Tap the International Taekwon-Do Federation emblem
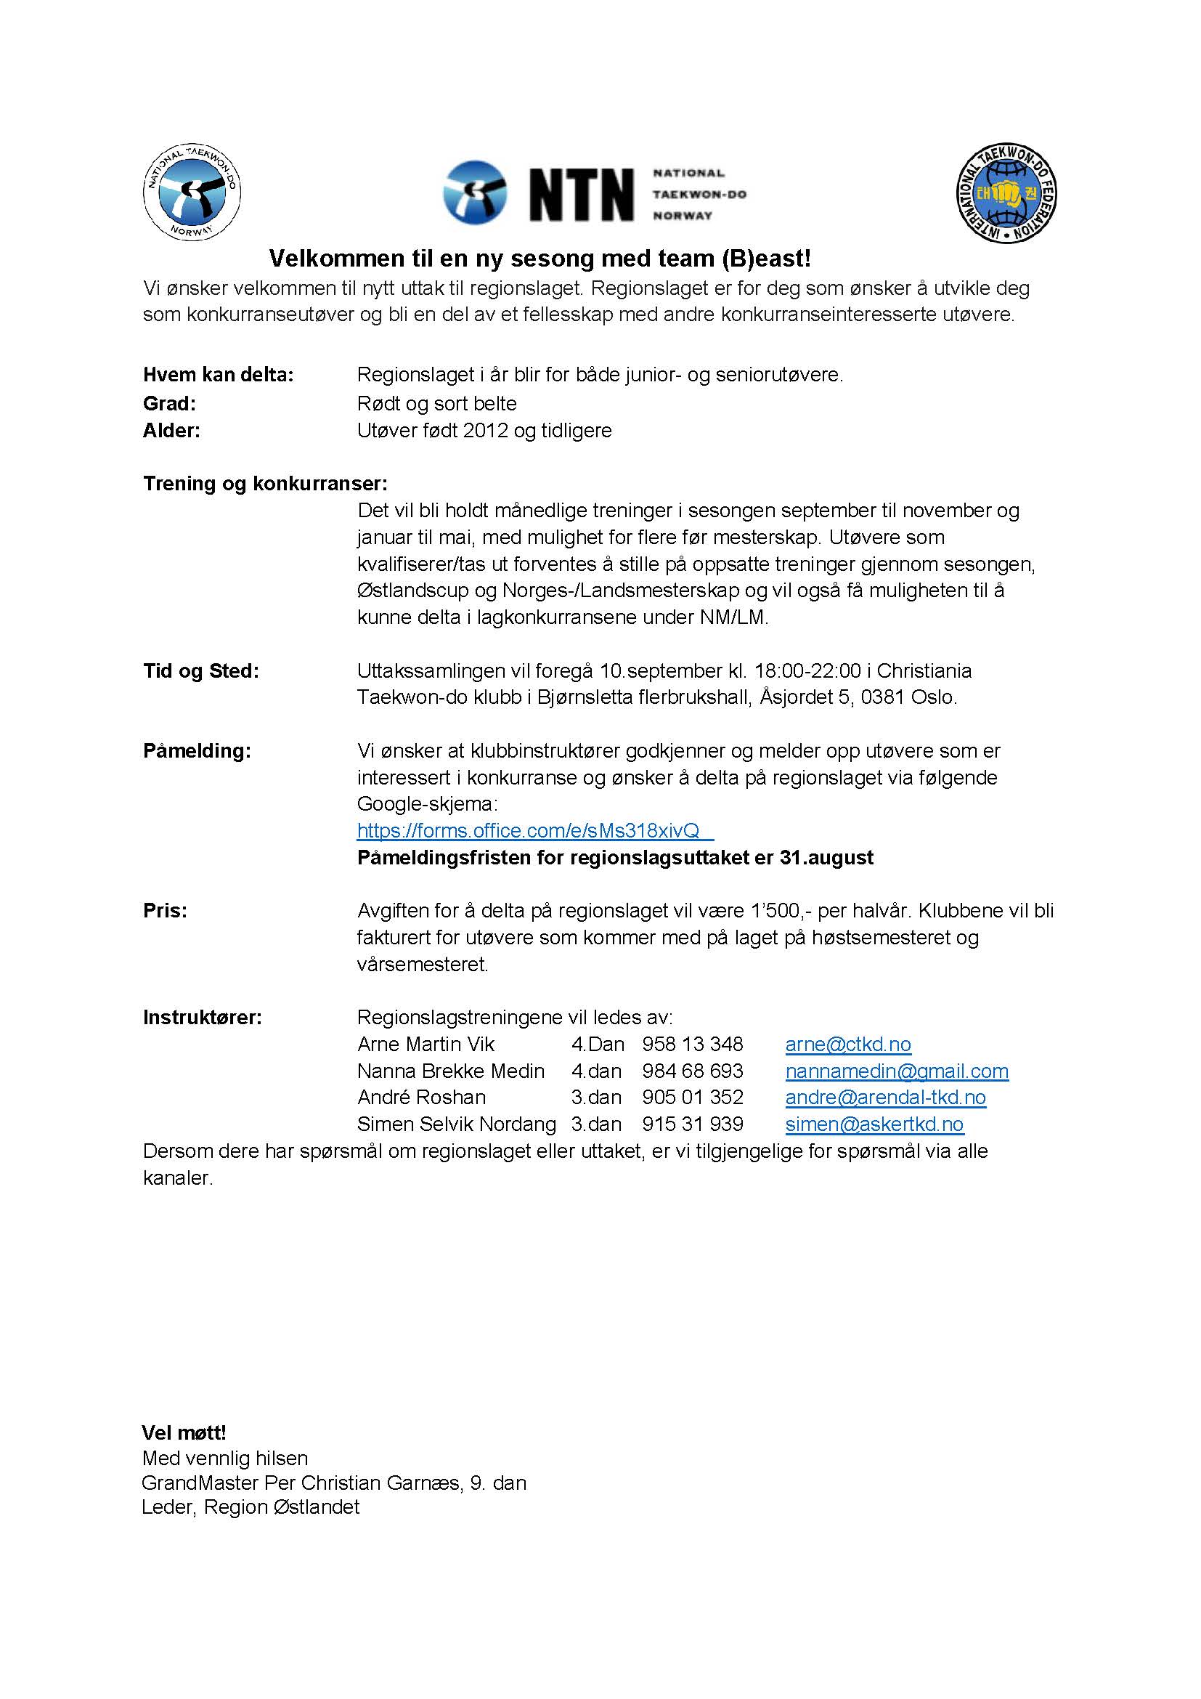(x=1006, y=192)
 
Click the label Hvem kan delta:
(x=218, y=375)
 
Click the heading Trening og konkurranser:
(x=265, y=484)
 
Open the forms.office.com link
(x=528, y=831)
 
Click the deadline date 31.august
(x=826, y=858)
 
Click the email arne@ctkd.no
(x=847, y=1044)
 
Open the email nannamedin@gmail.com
(x=896, y=1071)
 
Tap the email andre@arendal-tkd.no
(x=885, y=1098)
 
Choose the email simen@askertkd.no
(x=874, y=1124)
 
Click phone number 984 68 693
(x=692, y=1071)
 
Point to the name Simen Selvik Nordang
(x=456, y=1124)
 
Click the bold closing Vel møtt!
(x=184, y=1433)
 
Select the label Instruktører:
(x=202, y=1018)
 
